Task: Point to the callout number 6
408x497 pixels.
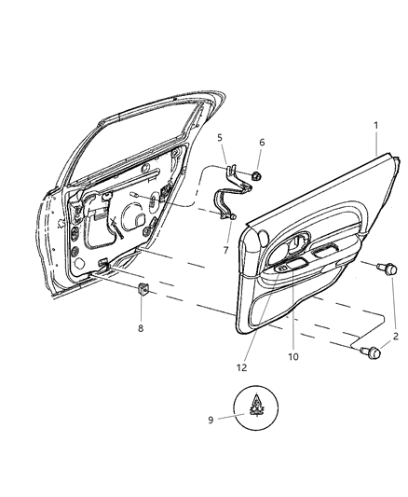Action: pyautogui.click(x=262, y=143)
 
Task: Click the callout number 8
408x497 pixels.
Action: pyautogui.click(x=141, y=328)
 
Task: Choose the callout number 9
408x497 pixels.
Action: pyautogui.click(x=211, y=421)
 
